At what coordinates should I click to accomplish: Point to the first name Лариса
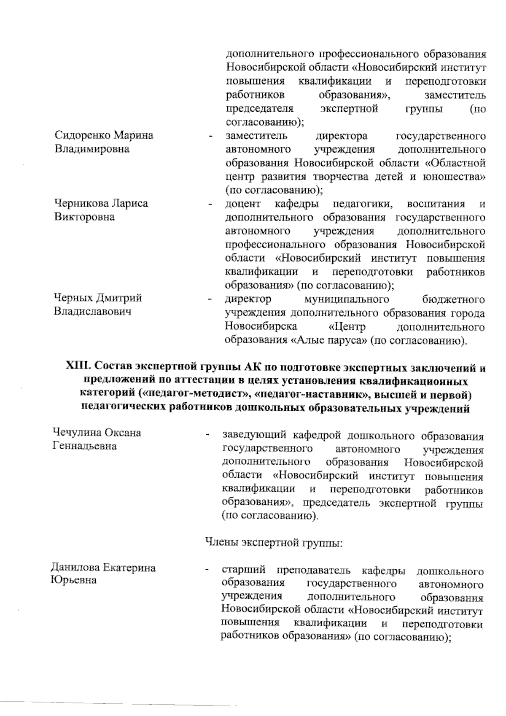click(129, 204)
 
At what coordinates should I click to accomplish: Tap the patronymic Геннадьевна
click(84, 446)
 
